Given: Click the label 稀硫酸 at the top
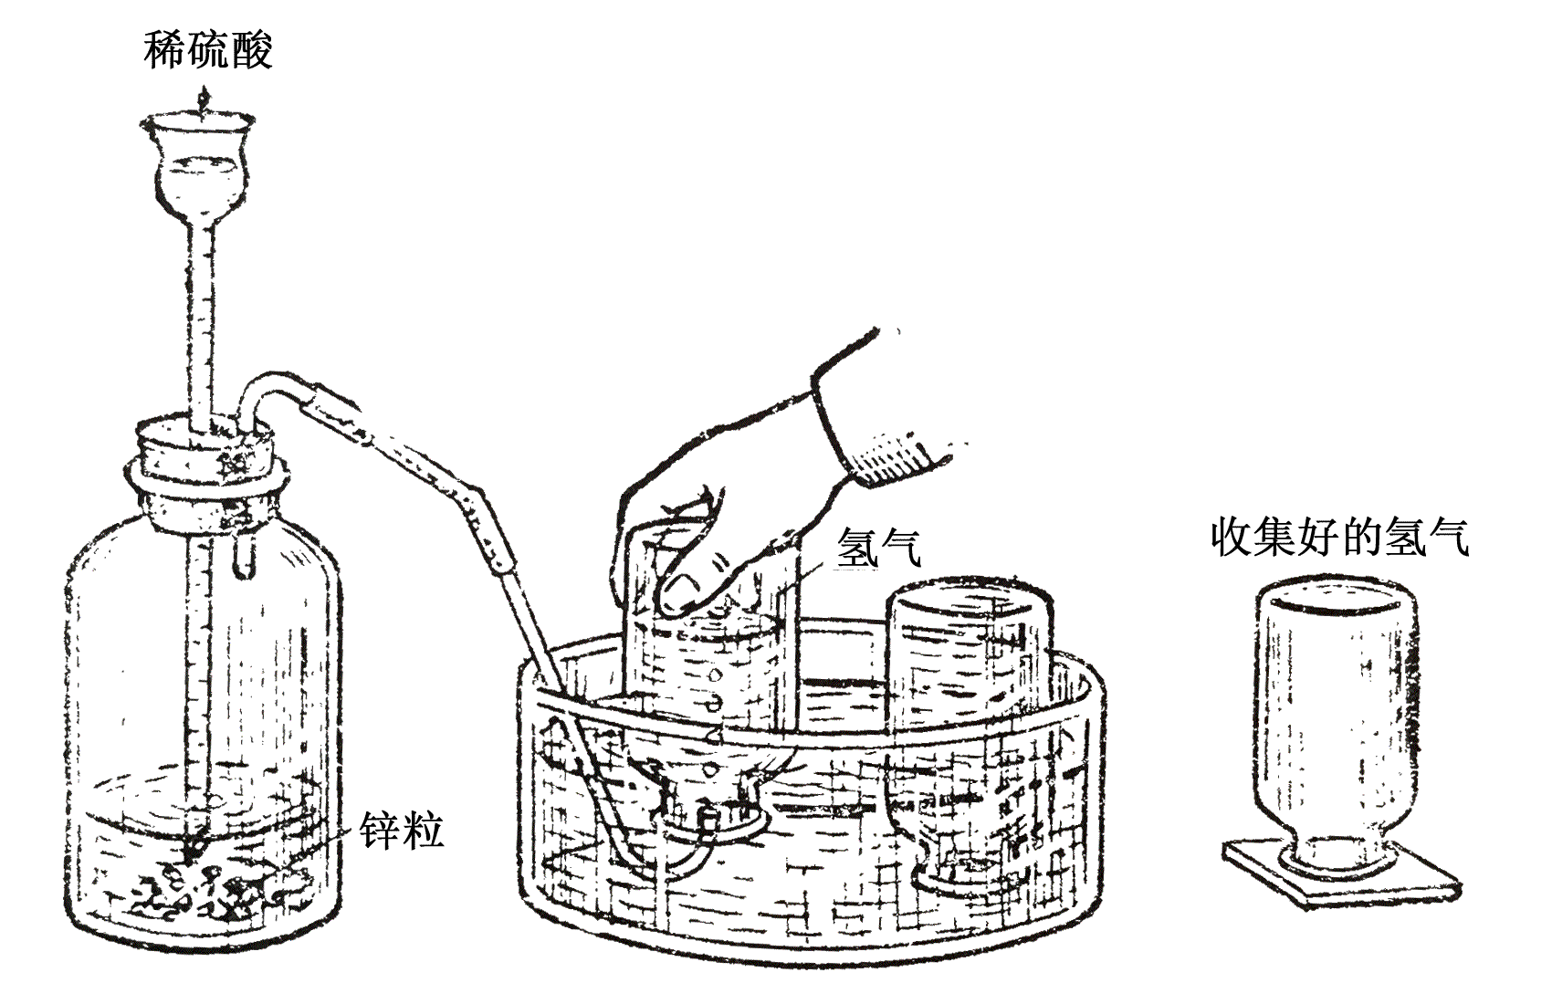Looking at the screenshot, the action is point(208,50).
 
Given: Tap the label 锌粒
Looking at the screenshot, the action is point(401,830).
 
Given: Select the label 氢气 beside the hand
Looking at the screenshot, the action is point(878,548).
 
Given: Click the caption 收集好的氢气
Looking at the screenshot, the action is point(1340,538).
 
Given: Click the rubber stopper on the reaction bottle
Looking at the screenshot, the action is point(205,450).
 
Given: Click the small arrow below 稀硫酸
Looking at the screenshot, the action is point(203,99).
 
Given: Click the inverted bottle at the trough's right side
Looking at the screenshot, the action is point(970,735).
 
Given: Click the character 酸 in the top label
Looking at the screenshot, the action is point(252,50).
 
